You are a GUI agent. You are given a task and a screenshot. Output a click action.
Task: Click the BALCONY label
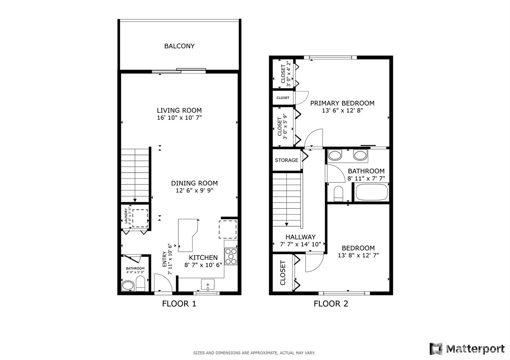[179, 46]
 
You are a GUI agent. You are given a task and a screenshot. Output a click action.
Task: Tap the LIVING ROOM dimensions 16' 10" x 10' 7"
[179, 118]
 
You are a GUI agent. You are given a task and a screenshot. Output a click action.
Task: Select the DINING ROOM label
[194, 183]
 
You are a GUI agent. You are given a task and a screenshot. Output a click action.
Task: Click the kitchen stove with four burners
[231, 256]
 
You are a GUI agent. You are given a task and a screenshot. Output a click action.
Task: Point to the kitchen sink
[208, 285]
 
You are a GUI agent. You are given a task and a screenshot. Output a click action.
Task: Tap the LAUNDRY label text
[126, 216]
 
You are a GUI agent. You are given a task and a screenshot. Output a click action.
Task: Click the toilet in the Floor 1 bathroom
[141, 284]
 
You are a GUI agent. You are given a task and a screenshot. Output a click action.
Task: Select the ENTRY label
[164, 259]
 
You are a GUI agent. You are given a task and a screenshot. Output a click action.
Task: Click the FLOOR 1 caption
[179, 304]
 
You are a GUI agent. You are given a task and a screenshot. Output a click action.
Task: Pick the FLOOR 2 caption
[331, 304]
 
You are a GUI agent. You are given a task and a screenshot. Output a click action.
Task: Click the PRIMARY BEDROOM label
[342, 103]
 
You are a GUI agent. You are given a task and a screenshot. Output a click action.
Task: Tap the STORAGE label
[287, 160]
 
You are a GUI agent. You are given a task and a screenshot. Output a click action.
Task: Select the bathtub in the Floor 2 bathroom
[372, 192]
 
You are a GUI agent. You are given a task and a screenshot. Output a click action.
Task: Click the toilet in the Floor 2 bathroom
[338, 194]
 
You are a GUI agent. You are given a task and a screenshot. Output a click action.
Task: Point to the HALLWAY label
[301, 237]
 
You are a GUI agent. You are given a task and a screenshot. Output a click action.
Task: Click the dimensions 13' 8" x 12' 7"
[358, 255]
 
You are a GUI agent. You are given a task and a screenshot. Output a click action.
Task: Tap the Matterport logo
[467, 349]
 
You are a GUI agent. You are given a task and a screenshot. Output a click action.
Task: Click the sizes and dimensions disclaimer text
[254, 353]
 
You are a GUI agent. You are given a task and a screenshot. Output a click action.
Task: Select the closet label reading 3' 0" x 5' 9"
[285, 126]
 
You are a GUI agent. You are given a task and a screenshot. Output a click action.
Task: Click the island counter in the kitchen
[188, 235]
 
